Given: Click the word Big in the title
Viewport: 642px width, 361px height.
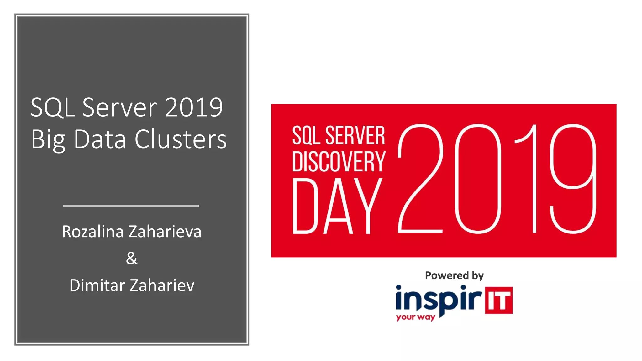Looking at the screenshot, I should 48,139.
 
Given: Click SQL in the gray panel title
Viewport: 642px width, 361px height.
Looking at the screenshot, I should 53,107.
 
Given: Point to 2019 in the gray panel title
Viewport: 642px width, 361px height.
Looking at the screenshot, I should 194,107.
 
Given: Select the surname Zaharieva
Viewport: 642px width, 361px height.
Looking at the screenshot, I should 165,232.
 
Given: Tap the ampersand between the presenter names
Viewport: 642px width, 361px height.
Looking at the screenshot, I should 132,258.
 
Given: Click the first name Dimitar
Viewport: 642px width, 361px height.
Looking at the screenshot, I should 97,285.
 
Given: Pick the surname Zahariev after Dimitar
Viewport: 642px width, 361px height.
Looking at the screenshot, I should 162,285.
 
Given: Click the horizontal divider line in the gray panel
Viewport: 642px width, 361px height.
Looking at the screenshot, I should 131,206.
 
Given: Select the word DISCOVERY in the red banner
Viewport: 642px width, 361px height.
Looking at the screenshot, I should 339,161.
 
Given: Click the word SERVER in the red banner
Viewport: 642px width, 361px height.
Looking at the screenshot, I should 355,135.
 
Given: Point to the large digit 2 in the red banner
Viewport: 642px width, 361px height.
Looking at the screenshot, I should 420,179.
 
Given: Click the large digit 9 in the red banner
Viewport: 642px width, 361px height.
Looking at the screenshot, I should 573,179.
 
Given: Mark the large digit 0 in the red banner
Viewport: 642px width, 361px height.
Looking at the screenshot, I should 478,179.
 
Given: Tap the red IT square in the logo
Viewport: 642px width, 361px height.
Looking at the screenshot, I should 498,300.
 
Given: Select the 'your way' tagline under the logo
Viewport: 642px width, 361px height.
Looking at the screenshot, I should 415,317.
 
